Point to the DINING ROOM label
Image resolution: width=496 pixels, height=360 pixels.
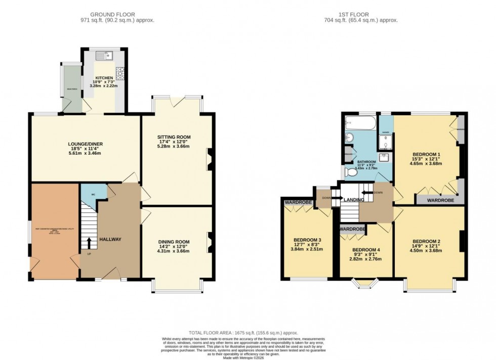174,242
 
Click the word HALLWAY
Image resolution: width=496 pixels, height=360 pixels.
110,239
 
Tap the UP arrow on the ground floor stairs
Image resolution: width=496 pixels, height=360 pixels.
89,242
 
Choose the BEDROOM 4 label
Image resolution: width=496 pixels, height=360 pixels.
366,250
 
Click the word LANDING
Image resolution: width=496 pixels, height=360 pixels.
354,200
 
